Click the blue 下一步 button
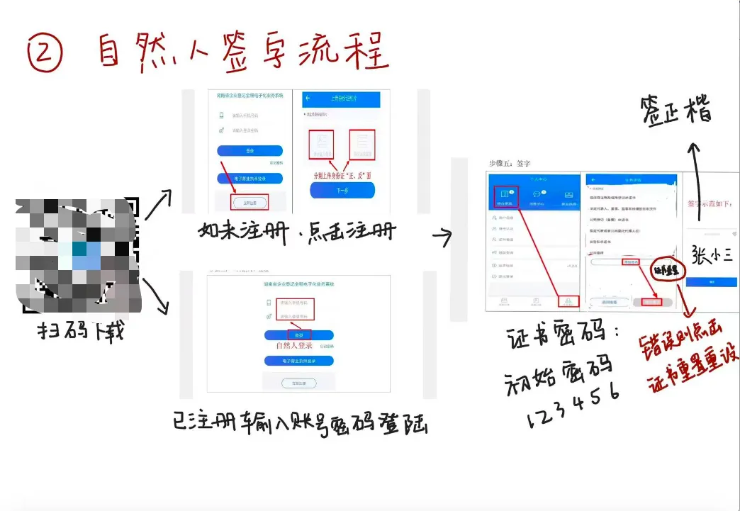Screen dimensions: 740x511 pyautogui.click(x=342, y=190)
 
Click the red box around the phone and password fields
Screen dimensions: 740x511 pyautogui.click(x=296, y=309)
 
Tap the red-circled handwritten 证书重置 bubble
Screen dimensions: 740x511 pyautogui.click(x=666, y=269)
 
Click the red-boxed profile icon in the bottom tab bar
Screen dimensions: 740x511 pyautogui.click(x=568, y=302)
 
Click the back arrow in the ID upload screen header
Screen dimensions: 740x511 pyautogui.click(x=308, y=99)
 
